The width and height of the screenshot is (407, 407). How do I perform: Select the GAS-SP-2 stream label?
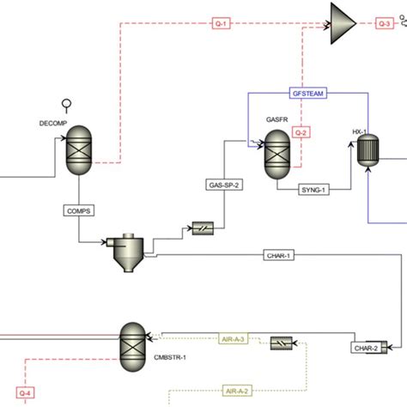[x=224, y=184]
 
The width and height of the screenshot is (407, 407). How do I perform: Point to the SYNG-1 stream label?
[x=314, y=189]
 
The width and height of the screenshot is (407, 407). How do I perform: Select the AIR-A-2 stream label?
[x=237, y=390]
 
